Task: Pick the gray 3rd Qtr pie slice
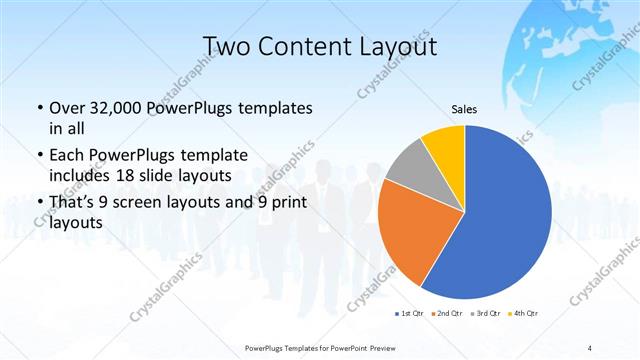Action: click(x=409, y=168)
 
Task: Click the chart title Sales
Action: click(x=463, y=109)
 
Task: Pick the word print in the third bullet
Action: click(x=276, y=201)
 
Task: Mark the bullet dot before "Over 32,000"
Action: click(x=39, y=108)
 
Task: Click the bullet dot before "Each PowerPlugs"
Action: click(x=39, y=155)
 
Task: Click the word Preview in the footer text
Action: click(x=375, y=346)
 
